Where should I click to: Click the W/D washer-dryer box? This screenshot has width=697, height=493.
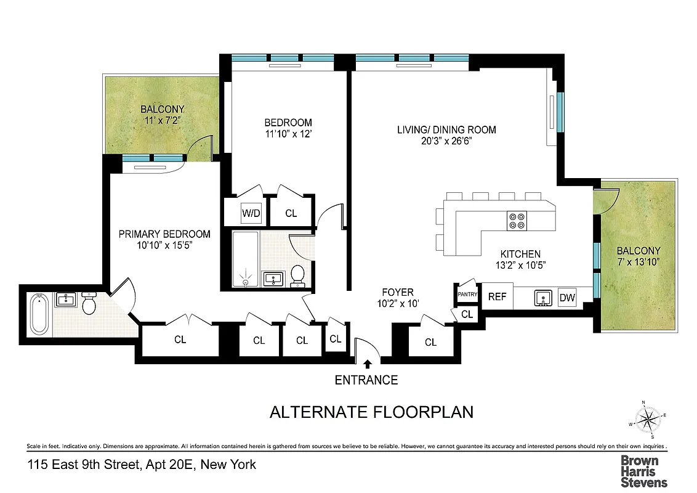[251, 213]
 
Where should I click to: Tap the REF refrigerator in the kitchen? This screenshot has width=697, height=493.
[497, 297]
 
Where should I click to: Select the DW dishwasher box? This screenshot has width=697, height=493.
[567, 298]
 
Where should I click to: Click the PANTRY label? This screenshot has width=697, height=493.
[467, 294]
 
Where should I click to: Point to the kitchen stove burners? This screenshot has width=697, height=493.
[517, 221]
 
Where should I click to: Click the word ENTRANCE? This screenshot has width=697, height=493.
[366, 380]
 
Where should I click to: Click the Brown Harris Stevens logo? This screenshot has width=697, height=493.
[643, 471]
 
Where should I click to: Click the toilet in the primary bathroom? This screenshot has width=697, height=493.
[89, 304]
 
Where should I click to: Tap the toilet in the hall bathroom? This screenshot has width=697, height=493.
[297, 275]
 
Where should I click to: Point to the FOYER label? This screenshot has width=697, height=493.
[398, 292]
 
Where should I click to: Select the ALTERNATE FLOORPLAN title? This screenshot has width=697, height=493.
[371, 412]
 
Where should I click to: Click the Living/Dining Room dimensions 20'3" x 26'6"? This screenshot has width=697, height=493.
[446, 141]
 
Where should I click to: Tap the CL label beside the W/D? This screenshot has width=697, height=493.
[291, 213]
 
